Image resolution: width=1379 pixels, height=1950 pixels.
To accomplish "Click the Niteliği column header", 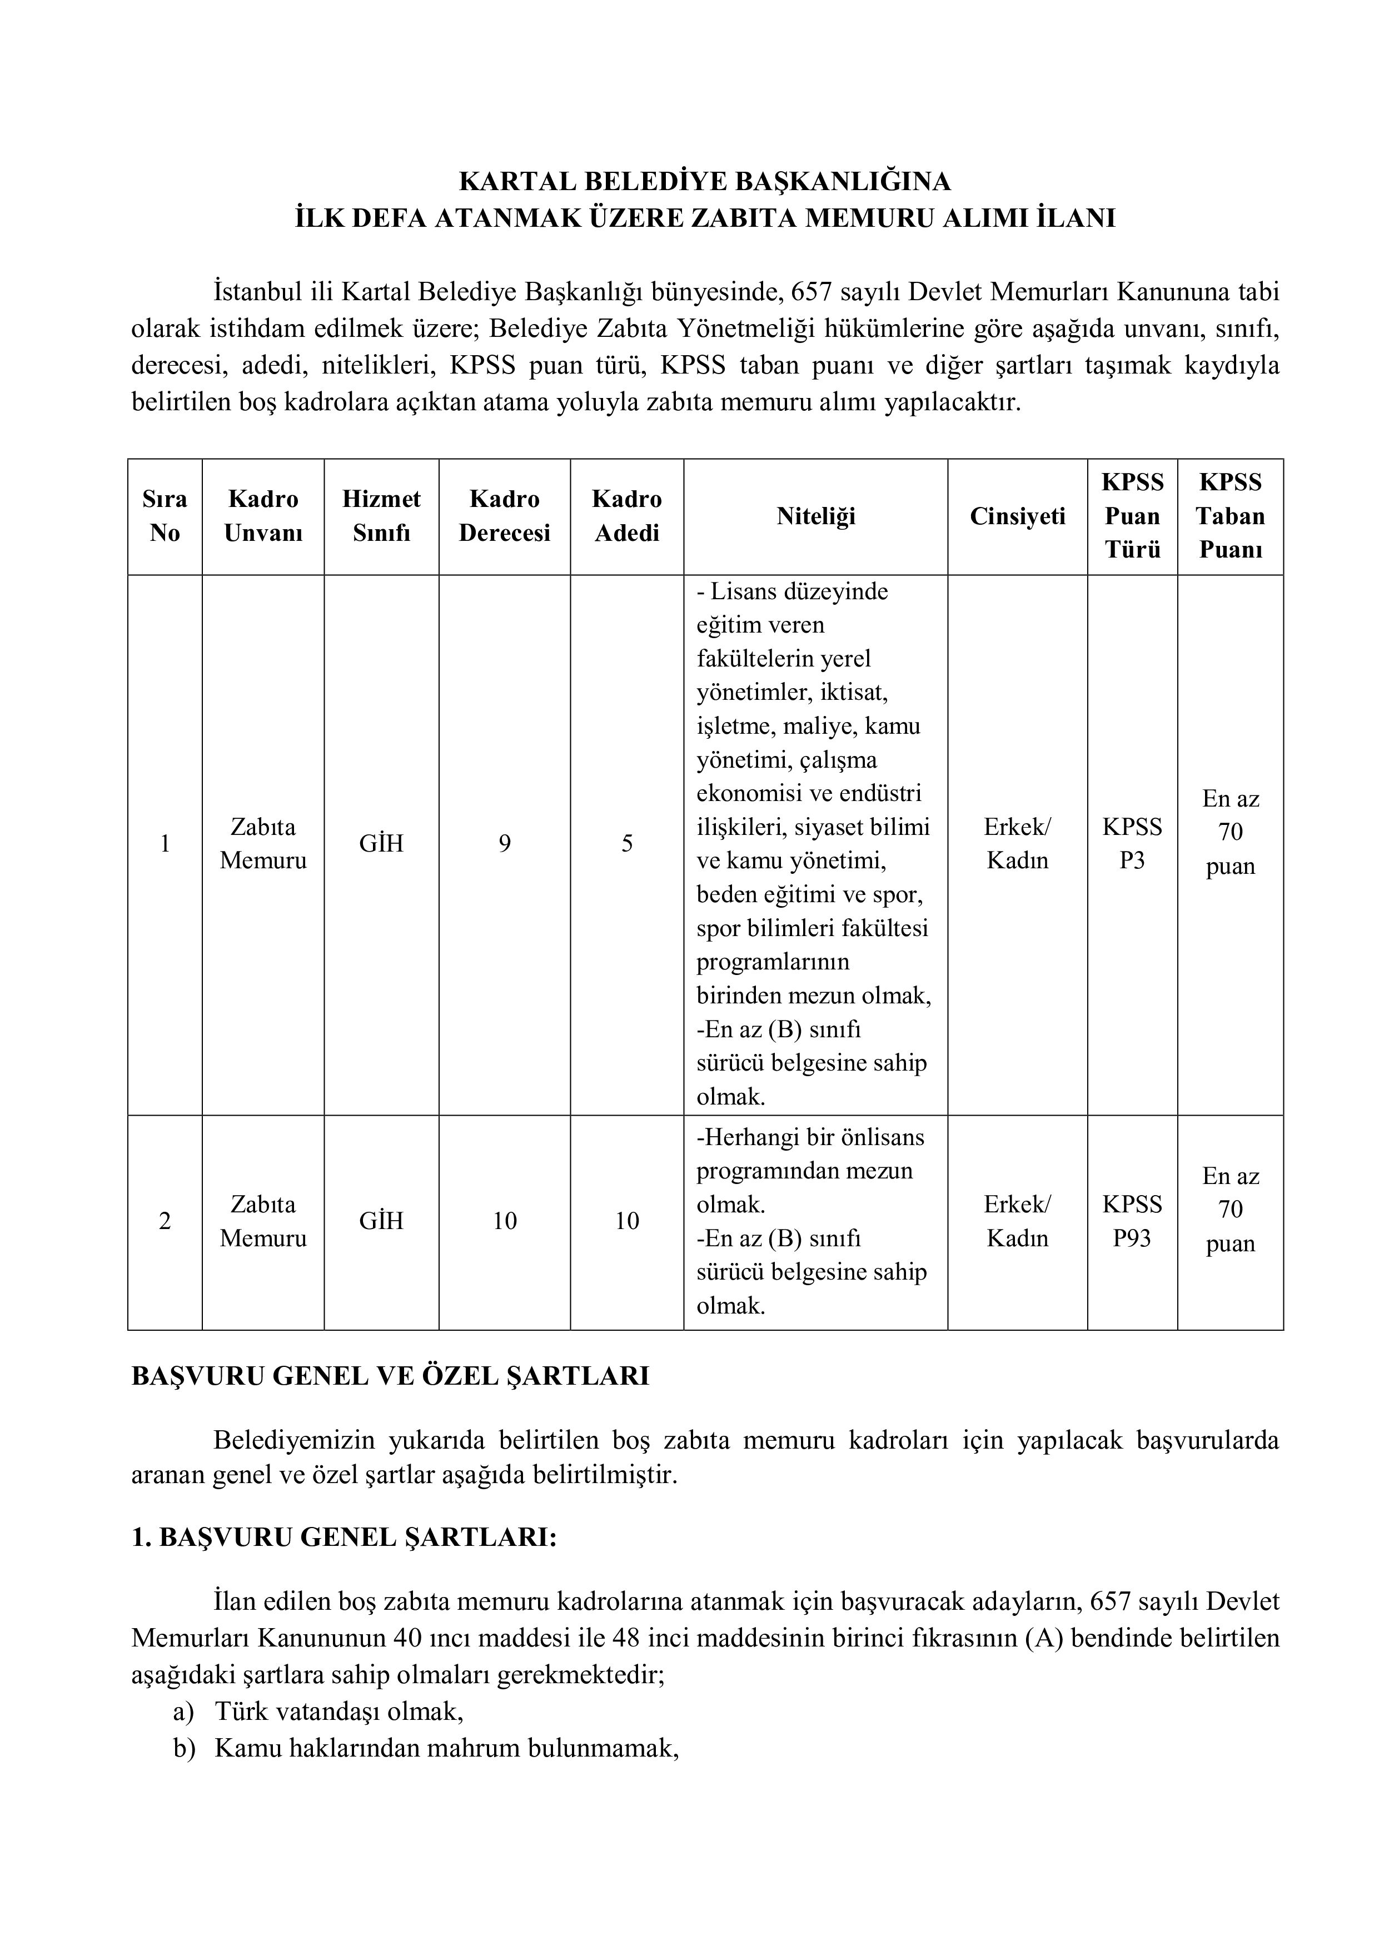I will tap(815, 516).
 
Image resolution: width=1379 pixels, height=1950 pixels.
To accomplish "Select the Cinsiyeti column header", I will tap(1017, 516).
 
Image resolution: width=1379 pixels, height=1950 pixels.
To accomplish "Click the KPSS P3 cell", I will tap(1132, 843).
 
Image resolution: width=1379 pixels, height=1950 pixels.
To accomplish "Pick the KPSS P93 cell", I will tap(1132, 1221).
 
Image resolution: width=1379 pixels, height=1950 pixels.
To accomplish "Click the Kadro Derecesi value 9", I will tap(504, 843).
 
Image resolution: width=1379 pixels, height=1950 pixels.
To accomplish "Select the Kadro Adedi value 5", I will tap(626, 843).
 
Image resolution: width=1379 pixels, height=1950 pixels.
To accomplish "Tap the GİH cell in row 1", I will tap(381, 843).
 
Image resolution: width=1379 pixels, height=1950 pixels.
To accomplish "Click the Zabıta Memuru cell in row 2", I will tap(263, 1221).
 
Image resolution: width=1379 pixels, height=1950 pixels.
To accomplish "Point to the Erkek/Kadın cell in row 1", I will tap(1017, 843).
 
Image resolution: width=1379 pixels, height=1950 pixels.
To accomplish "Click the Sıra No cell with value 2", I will tap(165, 1221).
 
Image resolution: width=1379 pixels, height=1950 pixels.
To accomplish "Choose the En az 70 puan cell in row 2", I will tap(1229, 1210).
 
